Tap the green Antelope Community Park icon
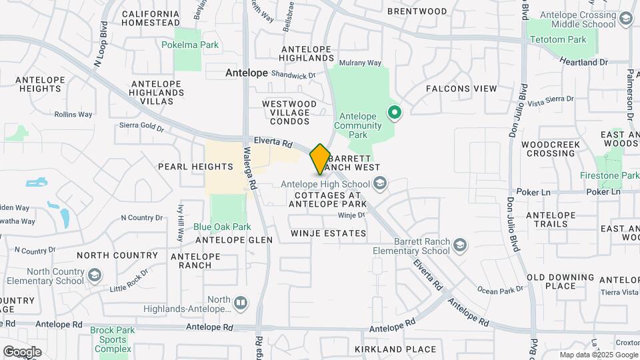[395, 113]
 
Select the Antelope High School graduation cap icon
[380, 183]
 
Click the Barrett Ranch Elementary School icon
[460, 247]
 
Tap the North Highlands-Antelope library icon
[241, 304]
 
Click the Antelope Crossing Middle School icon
[625, 19]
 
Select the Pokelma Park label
[190, 45]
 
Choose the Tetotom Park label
[558, 40]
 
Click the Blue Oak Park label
[222, 227]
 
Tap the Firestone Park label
[613, 175]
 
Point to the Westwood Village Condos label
[289, 108]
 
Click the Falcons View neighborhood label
[461, 89]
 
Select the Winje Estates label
[329, 233]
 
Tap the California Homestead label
[150, 18]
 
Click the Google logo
[22, 351]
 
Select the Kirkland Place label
[395, 349]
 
